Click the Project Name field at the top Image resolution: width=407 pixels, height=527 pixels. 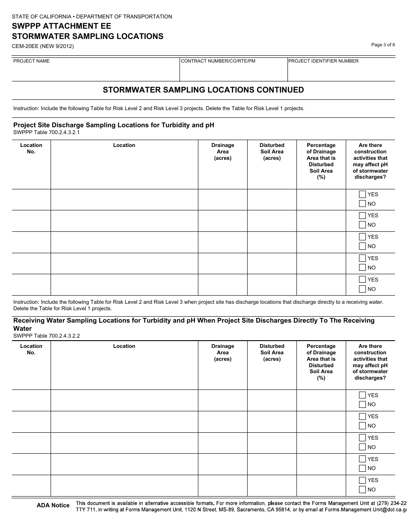click(95, 72)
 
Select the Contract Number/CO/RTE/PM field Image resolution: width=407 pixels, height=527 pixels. click(233, 72)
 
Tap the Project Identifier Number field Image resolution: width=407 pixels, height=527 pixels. click(341, 72)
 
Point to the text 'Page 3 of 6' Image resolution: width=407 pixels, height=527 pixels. click(383, 45)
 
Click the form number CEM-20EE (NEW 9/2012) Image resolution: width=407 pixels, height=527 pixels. click(43, 46)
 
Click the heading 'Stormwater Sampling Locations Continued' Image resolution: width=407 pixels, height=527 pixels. click(203, 90)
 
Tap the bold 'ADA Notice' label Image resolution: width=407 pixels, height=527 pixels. click(53, 506)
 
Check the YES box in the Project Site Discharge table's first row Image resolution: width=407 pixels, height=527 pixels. click(362, 195)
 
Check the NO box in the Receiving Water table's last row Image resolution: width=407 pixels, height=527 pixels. click(362, 490)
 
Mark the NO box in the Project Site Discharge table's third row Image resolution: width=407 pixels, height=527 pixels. click(362, 246)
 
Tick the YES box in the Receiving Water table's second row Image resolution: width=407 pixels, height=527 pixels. click(362, 416)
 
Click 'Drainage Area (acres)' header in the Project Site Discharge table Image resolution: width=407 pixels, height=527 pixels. click(223, 152)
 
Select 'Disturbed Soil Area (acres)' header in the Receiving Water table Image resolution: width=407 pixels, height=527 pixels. click(272, 353)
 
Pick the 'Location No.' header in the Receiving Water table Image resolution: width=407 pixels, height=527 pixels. click(31, 349)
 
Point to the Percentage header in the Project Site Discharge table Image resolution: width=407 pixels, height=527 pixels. click(321, 161)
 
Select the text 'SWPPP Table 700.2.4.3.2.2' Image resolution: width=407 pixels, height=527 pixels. click(47, 335)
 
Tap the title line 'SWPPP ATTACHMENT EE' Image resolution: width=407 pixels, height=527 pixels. click(61, 26)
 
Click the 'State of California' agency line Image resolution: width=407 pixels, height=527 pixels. click(92, 17)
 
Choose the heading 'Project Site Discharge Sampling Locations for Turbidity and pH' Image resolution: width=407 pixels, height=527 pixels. click(114, 125)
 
